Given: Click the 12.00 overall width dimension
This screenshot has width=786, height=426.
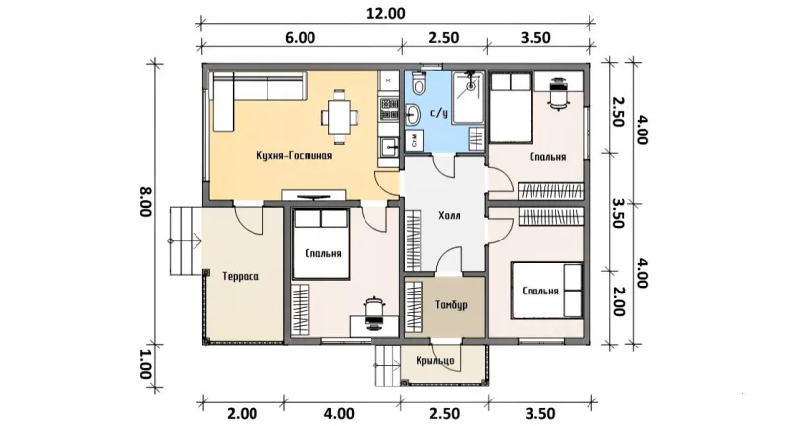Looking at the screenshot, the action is (385, 13).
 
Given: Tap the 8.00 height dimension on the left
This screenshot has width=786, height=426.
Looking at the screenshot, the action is (145, 202).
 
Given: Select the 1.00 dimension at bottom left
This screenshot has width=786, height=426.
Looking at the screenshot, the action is (145, 364).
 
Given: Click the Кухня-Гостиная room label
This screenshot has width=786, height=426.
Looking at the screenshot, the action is (294, 156).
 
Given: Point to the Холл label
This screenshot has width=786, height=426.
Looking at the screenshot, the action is (449, 216).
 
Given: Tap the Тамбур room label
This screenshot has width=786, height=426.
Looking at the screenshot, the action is (451, 305).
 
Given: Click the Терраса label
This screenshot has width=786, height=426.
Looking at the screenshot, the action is (241, 277).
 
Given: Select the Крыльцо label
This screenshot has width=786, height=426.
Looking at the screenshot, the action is (435, 361).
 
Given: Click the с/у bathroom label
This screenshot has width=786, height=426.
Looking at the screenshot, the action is (439, 113).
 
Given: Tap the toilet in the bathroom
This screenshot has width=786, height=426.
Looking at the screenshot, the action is (419, 83).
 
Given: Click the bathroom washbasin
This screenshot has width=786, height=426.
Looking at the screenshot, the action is (413, 115).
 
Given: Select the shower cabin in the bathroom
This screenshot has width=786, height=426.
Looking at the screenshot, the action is (469, 97).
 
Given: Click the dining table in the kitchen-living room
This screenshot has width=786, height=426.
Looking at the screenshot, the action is (339, 118).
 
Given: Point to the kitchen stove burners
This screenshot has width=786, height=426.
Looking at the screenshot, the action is (389, 110).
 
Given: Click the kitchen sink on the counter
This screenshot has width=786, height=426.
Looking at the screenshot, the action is (389, 146).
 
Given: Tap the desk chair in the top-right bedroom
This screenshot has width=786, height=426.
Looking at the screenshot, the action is (559, 93).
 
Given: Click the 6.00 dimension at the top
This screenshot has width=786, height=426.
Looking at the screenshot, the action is (301, 38).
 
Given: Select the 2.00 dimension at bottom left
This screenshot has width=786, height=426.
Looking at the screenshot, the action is (242, 414).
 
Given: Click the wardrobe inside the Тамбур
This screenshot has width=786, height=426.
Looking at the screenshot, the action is (413, 307).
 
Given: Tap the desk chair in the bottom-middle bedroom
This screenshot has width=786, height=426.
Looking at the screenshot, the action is (373, 314).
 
